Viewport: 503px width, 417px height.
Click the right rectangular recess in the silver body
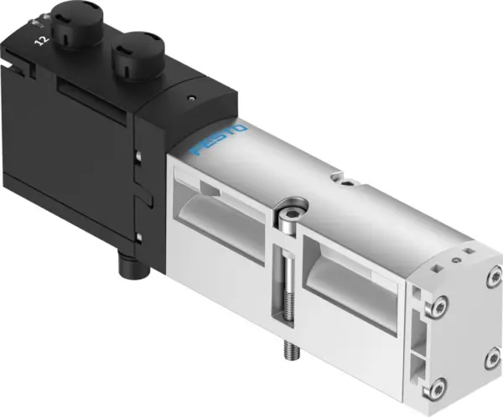(x=352, y=275)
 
